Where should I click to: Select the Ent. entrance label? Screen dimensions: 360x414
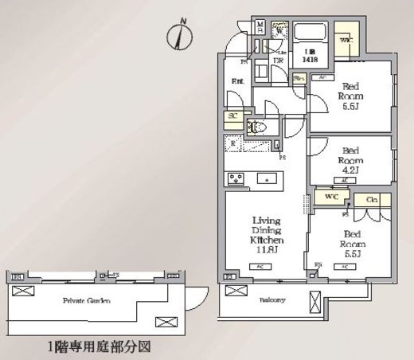[238, 81]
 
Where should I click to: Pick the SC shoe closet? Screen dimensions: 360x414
[233, 116]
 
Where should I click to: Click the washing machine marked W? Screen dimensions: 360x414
[279, 33]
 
